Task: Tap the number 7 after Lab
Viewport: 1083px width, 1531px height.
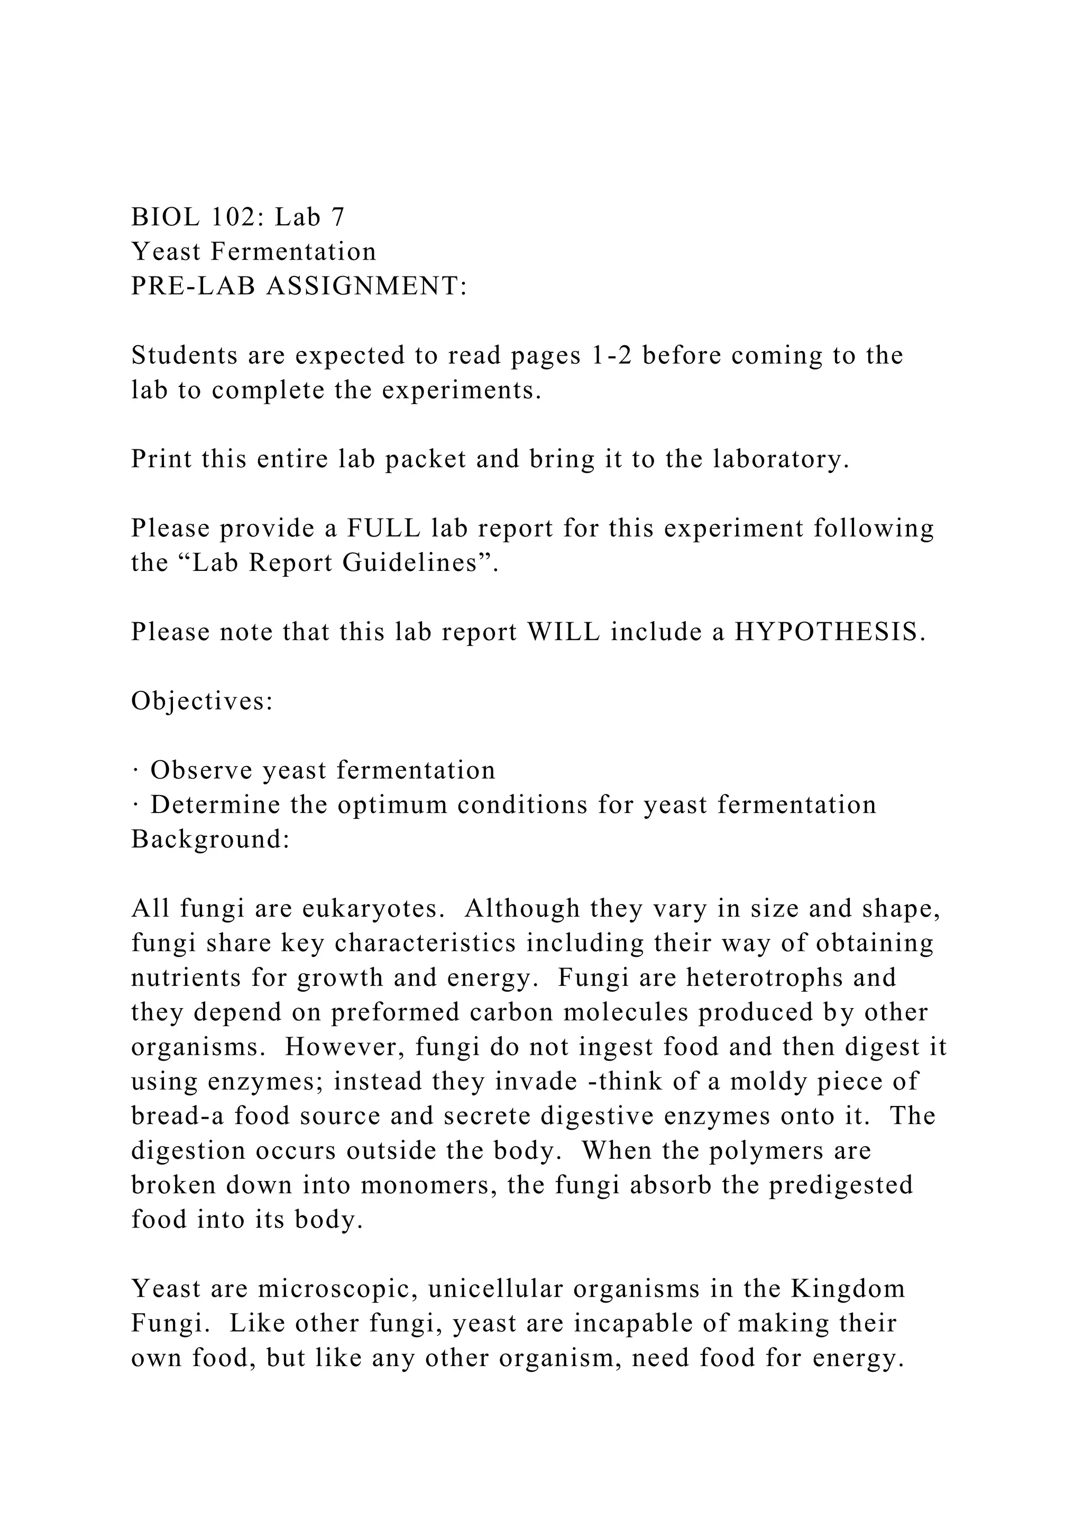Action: point(337,217)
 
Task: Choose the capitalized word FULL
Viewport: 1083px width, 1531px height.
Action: point(383,528)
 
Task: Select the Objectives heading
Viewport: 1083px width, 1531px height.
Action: point(202,701)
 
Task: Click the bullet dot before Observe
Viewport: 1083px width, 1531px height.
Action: point(135,771)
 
